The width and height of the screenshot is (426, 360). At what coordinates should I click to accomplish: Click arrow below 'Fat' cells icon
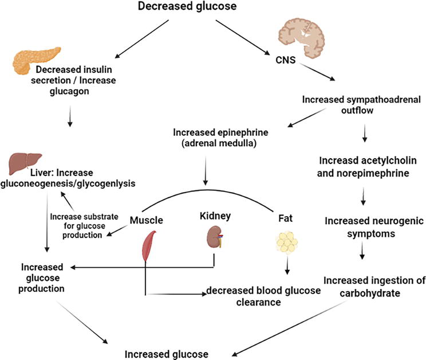pyautogui.click(x=286, y=267)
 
